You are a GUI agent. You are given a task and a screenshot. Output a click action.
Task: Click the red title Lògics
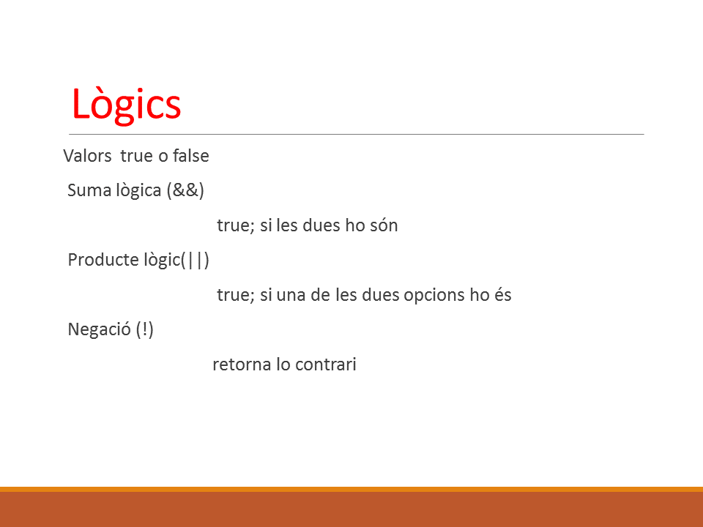pyautogui.click(x=126, y=105)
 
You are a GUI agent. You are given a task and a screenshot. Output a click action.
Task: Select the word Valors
pyautogui.click(x=87, y=156)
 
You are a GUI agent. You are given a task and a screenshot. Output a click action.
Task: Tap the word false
pyautogui.click(x=191, y=155)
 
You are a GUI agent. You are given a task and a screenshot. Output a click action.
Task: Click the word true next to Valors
pyautogui.click(x=137, y=156)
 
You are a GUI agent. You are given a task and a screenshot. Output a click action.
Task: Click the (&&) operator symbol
pyautogui.click(x=185, y=190)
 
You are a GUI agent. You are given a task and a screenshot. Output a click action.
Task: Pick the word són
pyautogui.click(x=384, y=225)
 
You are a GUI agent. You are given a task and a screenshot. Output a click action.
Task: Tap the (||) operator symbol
pyautogui.click(x=196, y=260)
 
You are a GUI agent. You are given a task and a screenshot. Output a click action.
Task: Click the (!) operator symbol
pyautogui.click(x=145, y=329)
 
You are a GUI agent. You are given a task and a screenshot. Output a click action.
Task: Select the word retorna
pyautogui.click(x=242, y=365)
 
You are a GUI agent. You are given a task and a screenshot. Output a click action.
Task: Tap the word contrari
pyautogui.click(x=326, y=365)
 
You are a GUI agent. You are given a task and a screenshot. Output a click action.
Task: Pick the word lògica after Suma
pyautogui.click(x=139, y=190)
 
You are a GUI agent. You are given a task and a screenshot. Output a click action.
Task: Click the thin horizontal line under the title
pyautogui.click(x=357, y=134)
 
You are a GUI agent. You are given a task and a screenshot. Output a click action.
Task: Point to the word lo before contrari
pyautogui.click(x=283, y=364)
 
